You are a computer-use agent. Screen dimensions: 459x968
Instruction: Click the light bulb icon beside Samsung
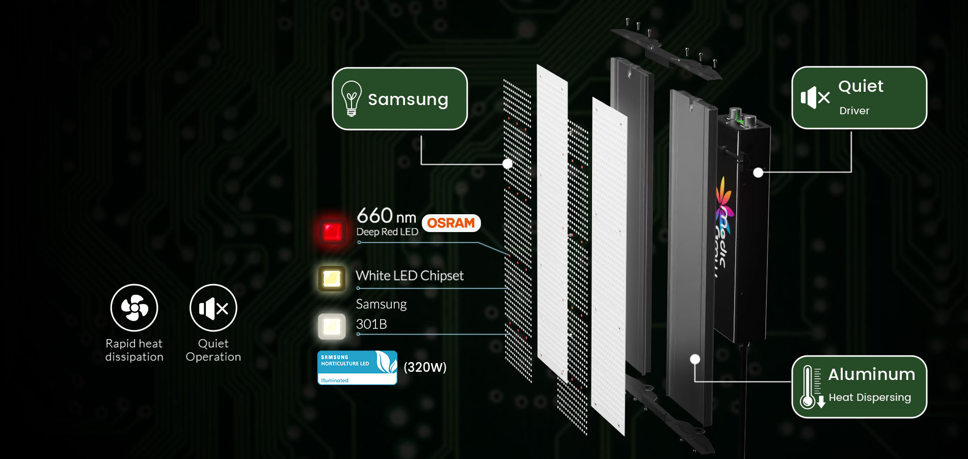point(351,98)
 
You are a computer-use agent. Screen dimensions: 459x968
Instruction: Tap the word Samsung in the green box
point(408,99)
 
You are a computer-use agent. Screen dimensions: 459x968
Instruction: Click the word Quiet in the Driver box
point(861,86)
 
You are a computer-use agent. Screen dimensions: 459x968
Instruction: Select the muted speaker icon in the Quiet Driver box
point(815,97)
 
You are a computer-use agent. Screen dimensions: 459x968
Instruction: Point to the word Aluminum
point(871,374)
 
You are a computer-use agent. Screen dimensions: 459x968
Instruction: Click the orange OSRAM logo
point(451,223)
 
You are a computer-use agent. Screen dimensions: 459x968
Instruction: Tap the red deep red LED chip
point(332,231)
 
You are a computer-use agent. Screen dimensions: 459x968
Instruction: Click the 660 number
point(375,216)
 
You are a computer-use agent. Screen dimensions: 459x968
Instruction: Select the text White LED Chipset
point(410,276)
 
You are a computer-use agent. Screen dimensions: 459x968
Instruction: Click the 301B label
point(371,324)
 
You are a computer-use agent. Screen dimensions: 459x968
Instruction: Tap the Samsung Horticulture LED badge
point(357,367)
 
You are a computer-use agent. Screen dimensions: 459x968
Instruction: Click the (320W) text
point(425,367)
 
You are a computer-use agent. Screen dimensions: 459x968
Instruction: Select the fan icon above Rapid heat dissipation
point(135,308)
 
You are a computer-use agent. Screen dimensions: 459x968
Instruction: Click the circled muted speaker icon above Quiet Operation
point(213,308)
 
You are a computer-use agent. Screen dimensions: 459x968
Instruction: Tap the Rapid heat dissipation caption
point(134,350)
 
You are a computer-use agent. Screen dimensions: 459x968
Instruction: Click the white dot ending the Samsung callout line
point(507,164)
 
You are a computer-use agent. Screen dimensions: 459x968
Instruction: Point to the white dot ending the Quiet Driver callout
point(758,172)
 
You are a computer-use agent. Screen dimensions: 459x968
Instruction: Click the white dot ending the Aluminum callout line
point(695,359)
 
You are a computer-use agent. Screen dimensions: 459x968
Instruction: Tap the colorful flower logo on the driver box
point(723,201)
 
